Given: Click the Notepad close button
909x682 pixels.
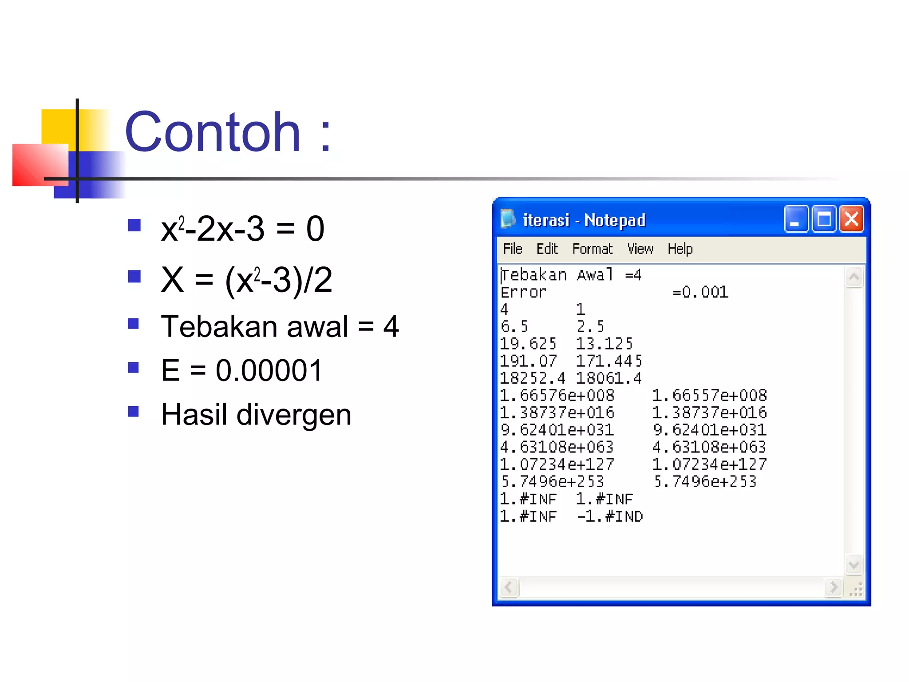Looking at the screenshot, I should click(x=851, y=219).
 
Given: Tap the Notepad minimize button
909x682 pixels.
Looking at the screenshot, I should click(x=796, y=219).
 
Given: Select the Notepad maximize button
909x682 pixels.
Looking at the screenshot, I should click(x=824, y=219).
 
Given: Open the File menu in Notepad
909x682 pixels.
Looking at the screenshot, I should click(x=513, y=249).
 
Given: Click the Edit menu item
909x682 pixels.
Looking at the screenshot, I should click(x=547, y=249).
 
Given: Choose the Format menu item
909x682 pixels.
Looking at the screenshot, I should click(x=592, y=249).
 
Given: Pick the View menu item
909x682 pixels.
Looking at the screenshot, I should click(x=640, y=249).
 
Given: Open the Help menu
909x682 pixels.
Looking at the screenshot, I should click(x=680, y=249).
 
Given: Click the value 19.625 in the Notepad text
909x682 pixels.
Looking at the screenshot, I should click(x=528, y=344).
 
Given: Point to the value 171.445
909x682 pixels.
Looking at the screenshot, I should click(x=609, y=361).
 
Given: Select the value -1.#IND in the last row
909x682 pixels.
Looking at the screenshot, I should click(x=610, y=516).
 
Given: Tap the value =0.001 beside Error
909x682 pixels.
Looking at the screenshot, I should click(x=700, y=292).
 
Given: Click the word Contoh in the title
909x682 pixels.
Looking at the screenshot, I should click(x=213, y=132).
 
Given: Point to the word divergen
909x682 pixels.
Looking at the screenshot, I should click(x=294, y=415).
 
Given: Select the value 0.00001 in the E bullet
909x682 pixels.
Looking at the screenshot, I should click(x=269, y=370).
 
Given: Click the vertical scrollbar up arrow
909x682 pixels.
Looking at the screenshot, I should click(x=854, y=278).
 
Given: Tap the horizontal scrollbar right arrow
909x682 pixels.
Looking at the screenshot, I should click(x=833, y=587).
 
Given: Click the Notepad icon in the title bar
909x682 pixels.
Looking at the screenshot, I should click(x=508, y=219).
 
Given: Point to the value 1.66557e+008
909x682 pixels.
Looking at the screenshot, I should click(x=709, y=395).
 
